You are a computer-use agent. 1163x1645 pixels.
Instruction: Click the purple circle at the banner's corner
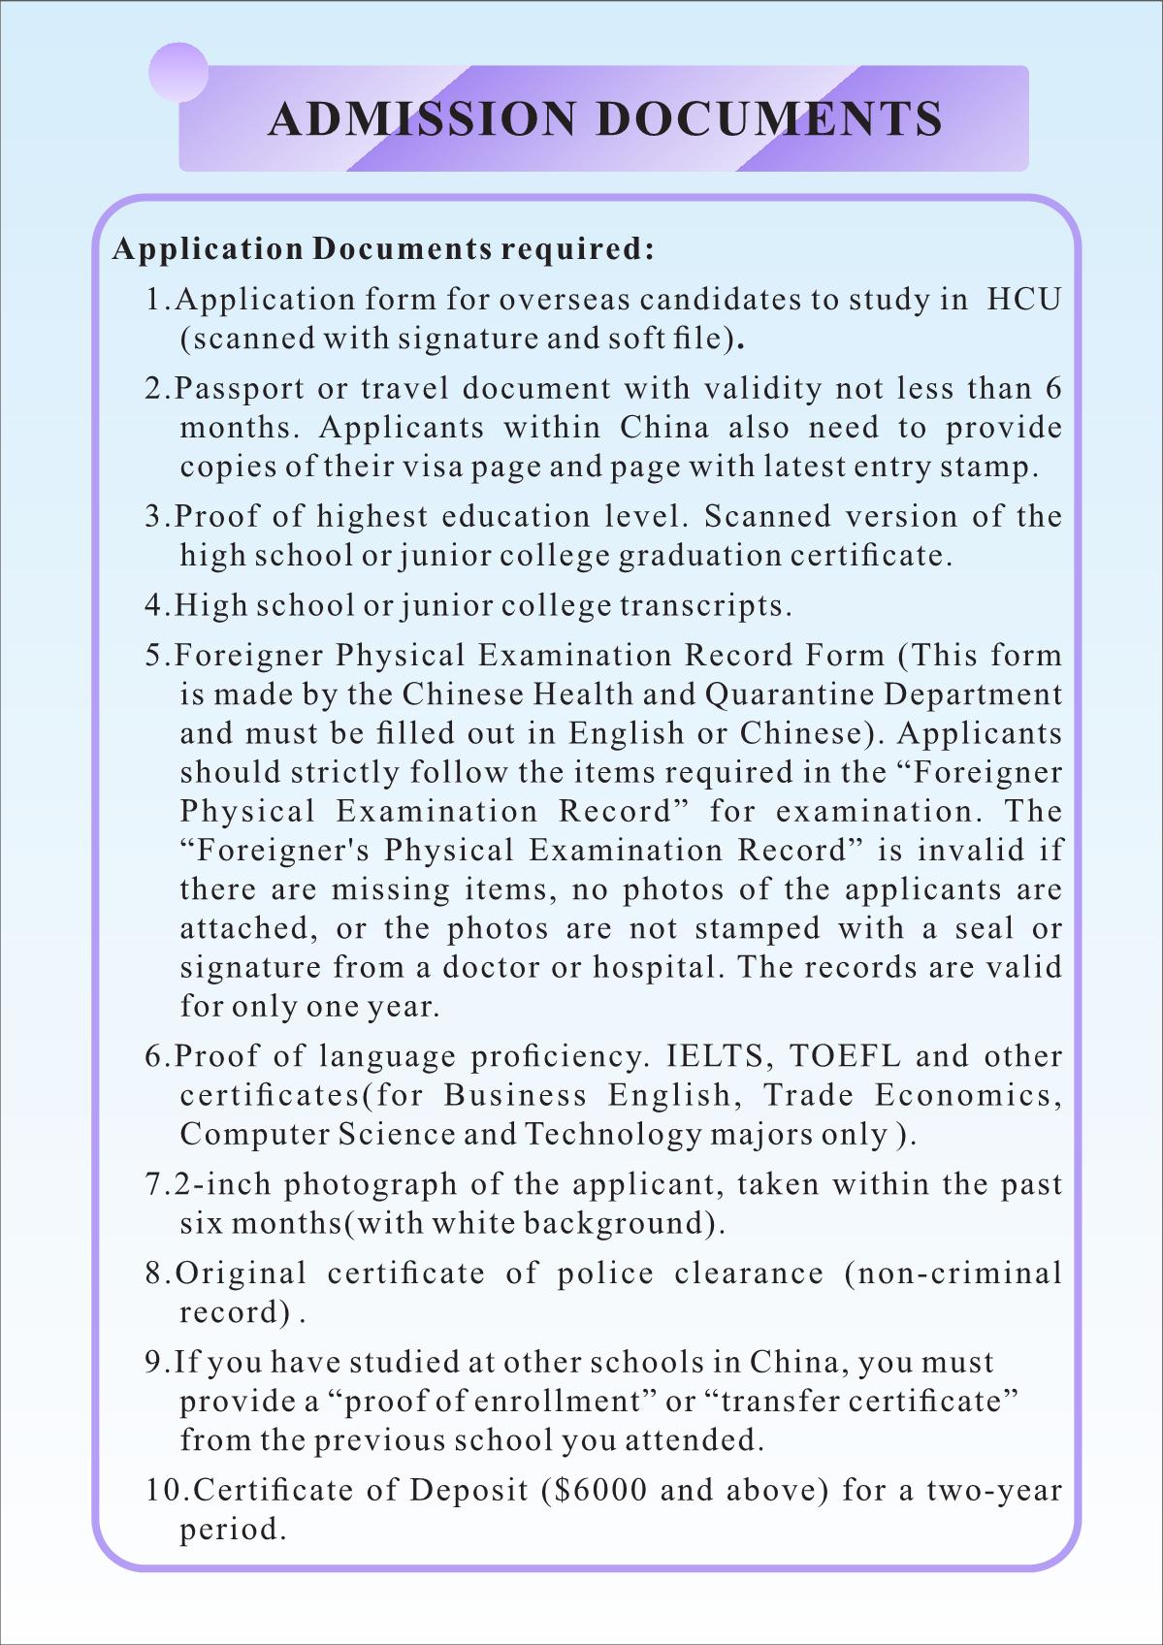point(178,73)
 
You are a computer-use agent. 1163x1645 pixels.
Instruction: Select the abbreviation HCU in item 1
point(1024,299)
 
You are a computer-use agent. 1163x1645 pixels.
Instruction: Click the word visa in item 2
point(433,467)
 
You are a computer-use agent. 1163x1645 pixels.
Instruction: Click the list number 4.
point(155,605)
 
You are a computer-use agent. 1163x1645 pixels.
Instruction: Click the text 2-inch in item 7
point(222,1184)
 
